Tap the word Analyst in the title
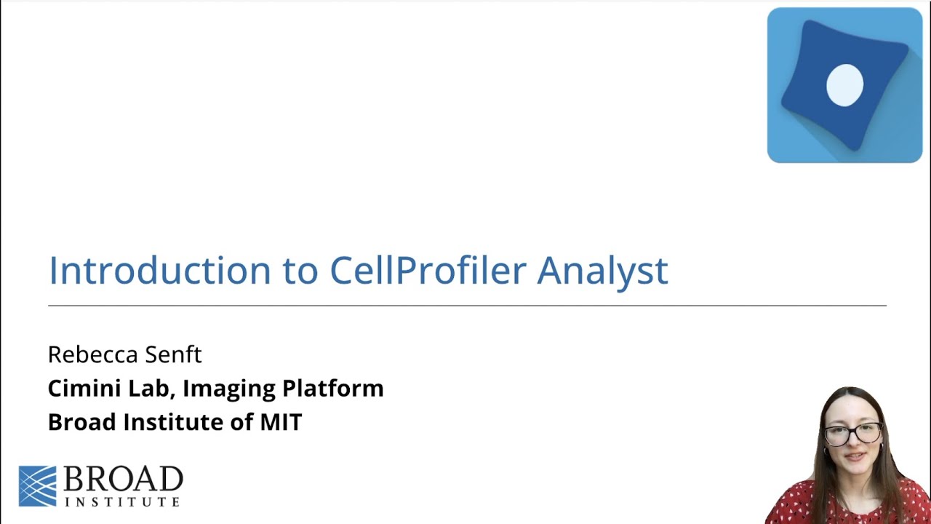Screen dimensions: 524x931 [x=602, y=270]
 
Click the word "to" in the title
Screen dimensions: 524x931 [x=300, y=270]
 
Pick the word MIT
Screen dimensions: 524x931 [x=281, y=422]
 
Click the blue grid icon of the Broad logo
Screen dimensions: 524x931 [x=37, y=485]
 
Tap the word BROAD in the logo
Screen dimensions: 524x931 [x=123, y=480]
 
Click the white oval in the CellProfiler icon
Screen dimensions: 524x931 [x=844, y=84]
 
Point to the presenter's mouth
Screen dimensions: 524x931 [x=855, y=458]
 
